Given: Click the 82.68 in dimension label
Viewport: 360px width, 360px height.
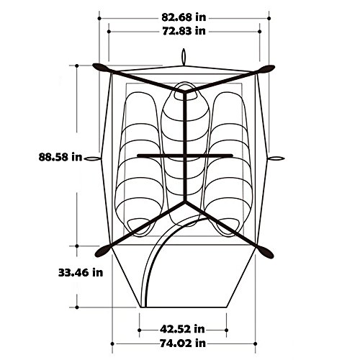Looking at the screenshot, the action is [x=184, y=17].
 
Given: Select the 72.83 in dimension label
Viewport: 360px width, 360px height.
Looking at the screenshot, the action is [x=184, y=31].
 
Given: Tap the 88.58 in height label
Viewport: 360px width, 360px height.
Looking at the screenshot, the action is [x=60, y=157].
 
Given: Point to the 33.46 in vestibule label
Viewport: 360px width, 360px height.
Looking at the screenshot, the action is [x=81, y=273].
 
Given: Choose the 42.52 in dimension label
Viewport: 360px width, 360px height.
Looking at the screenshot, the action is [x=182, y=329].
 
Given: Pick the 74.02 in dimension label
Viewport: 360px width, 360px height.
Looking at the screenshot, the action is [x=183, y=343].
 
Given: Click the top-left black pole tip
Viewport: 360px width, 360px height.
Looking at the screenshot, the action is [x=93, y=65].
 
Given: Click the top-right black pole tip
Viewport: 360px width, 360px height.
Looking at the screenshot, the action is [x=274, y=67].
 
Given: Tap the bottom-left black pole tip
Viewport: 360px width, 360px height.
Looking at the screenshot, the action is [x=96, y=256].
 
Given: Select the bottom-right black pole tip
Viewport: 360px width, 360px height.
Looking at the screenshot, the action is [x=273, y=257].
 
